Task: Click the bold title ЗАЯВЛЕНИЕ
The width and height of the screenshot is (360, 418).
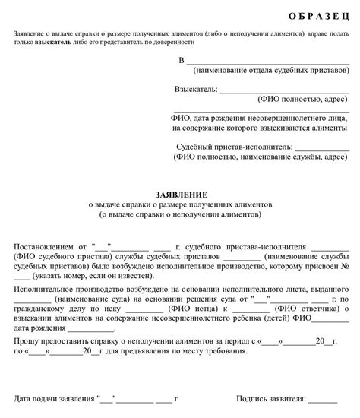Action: (179, 195)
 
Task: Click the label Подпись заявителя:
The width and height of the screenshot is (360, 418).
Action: (271, 398)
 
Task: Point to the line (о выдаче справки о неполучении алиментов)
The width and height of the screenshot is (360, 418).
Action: (179, 215)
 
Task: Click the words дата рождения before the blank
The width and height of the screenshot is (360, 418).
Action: (38, 331)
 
